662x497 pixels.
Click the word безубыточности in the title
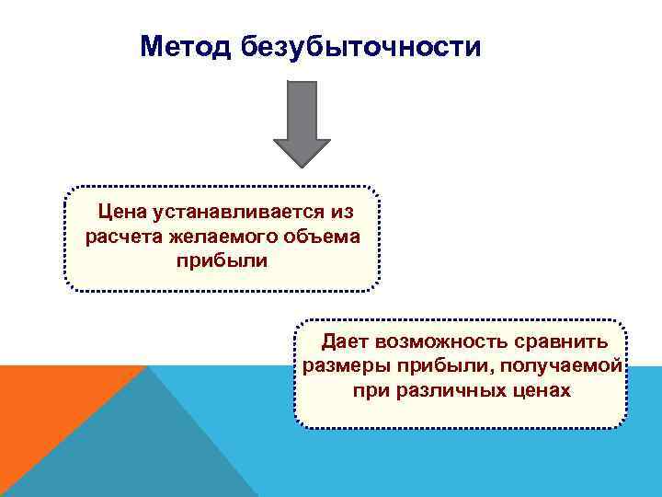(361, 46)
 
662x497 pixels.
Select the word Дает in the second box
(345, 342)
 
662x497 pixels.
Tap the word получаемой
(571, 366)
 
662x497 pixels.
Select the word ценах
(543, 390)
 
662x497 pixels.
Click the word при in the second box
(370, 390)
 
